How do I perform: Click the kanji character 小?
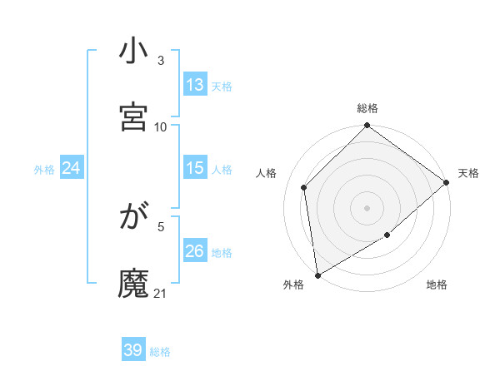[134, 51]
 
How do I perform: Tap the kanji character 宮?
[134, 117]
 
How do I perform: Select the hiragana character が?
[134, 218]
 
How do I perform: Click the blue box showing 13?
[195, 85]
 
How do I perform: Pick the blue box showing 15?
[195, 168]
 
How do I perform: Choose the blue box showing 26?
[195, 251]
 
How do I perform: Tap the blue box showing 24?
[72, 168]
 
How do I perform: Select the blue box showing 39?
[133, 350]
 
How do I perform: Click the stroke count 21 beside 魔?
[161, 293]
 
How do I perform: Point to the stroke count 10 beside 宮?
[161, 126]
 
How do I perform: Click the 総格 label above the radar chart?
[367, 108]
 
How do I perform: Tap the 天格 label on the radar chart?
[468, 173]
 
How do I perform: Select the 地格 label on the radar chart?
[437, 285]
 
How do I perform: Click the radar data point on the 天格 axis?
[447, 182]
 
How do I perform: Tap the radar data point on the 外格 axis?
[317, 275]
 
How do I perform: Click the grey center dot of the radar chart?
[367, 207]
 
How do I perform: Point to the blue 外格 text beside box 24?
[44, 169]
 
